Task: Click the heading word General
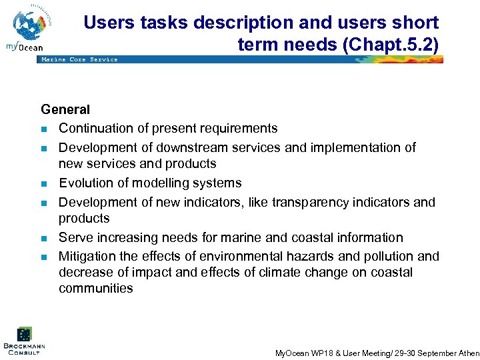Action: [65, 109]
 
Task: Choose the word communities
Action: [95, 289]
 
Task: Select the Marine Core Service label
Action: [79, 59]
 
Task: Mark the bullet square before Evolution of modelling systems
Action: [44, 183]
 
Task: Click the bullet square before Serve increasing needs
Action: [44, 238]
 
